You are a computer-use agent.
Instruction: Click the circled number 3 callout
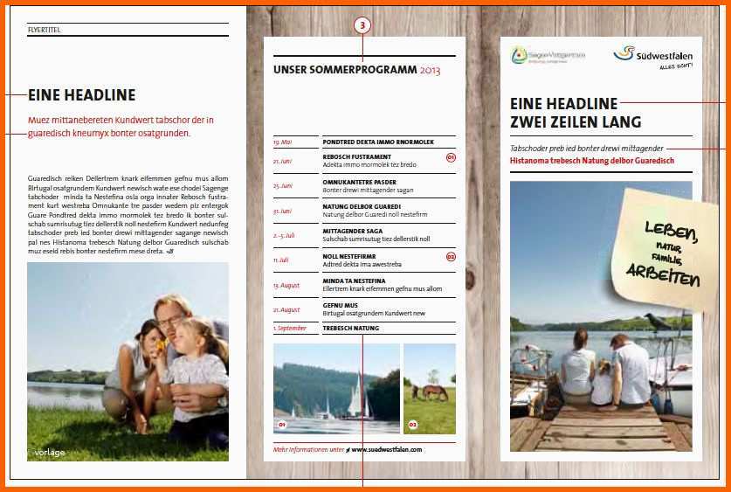click(x=364, y=26)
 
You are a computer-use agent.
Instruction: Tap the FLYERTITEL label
click(x=44, y=30)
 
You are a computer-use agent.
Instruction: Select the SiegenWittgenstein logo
click(x=548, y=55)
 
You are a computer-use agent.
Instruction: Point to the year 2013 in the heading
click(x=431, y=70)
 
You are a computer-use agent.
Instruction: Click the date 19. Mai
click(x=283, y=142)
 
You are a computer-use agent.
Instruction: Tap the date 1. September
click(x=290, y=328)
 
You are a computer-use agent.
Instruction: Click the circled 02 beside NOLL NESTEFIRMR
click(x=451, y=257)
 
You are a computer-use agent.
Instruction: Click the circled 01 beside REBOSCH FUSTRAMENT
click(x=451, y=158)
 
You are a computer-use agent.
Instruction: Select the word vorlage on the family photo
click(x=49, y=453)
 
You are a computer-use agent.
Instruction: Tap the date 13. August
click(x=286, y=285)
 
